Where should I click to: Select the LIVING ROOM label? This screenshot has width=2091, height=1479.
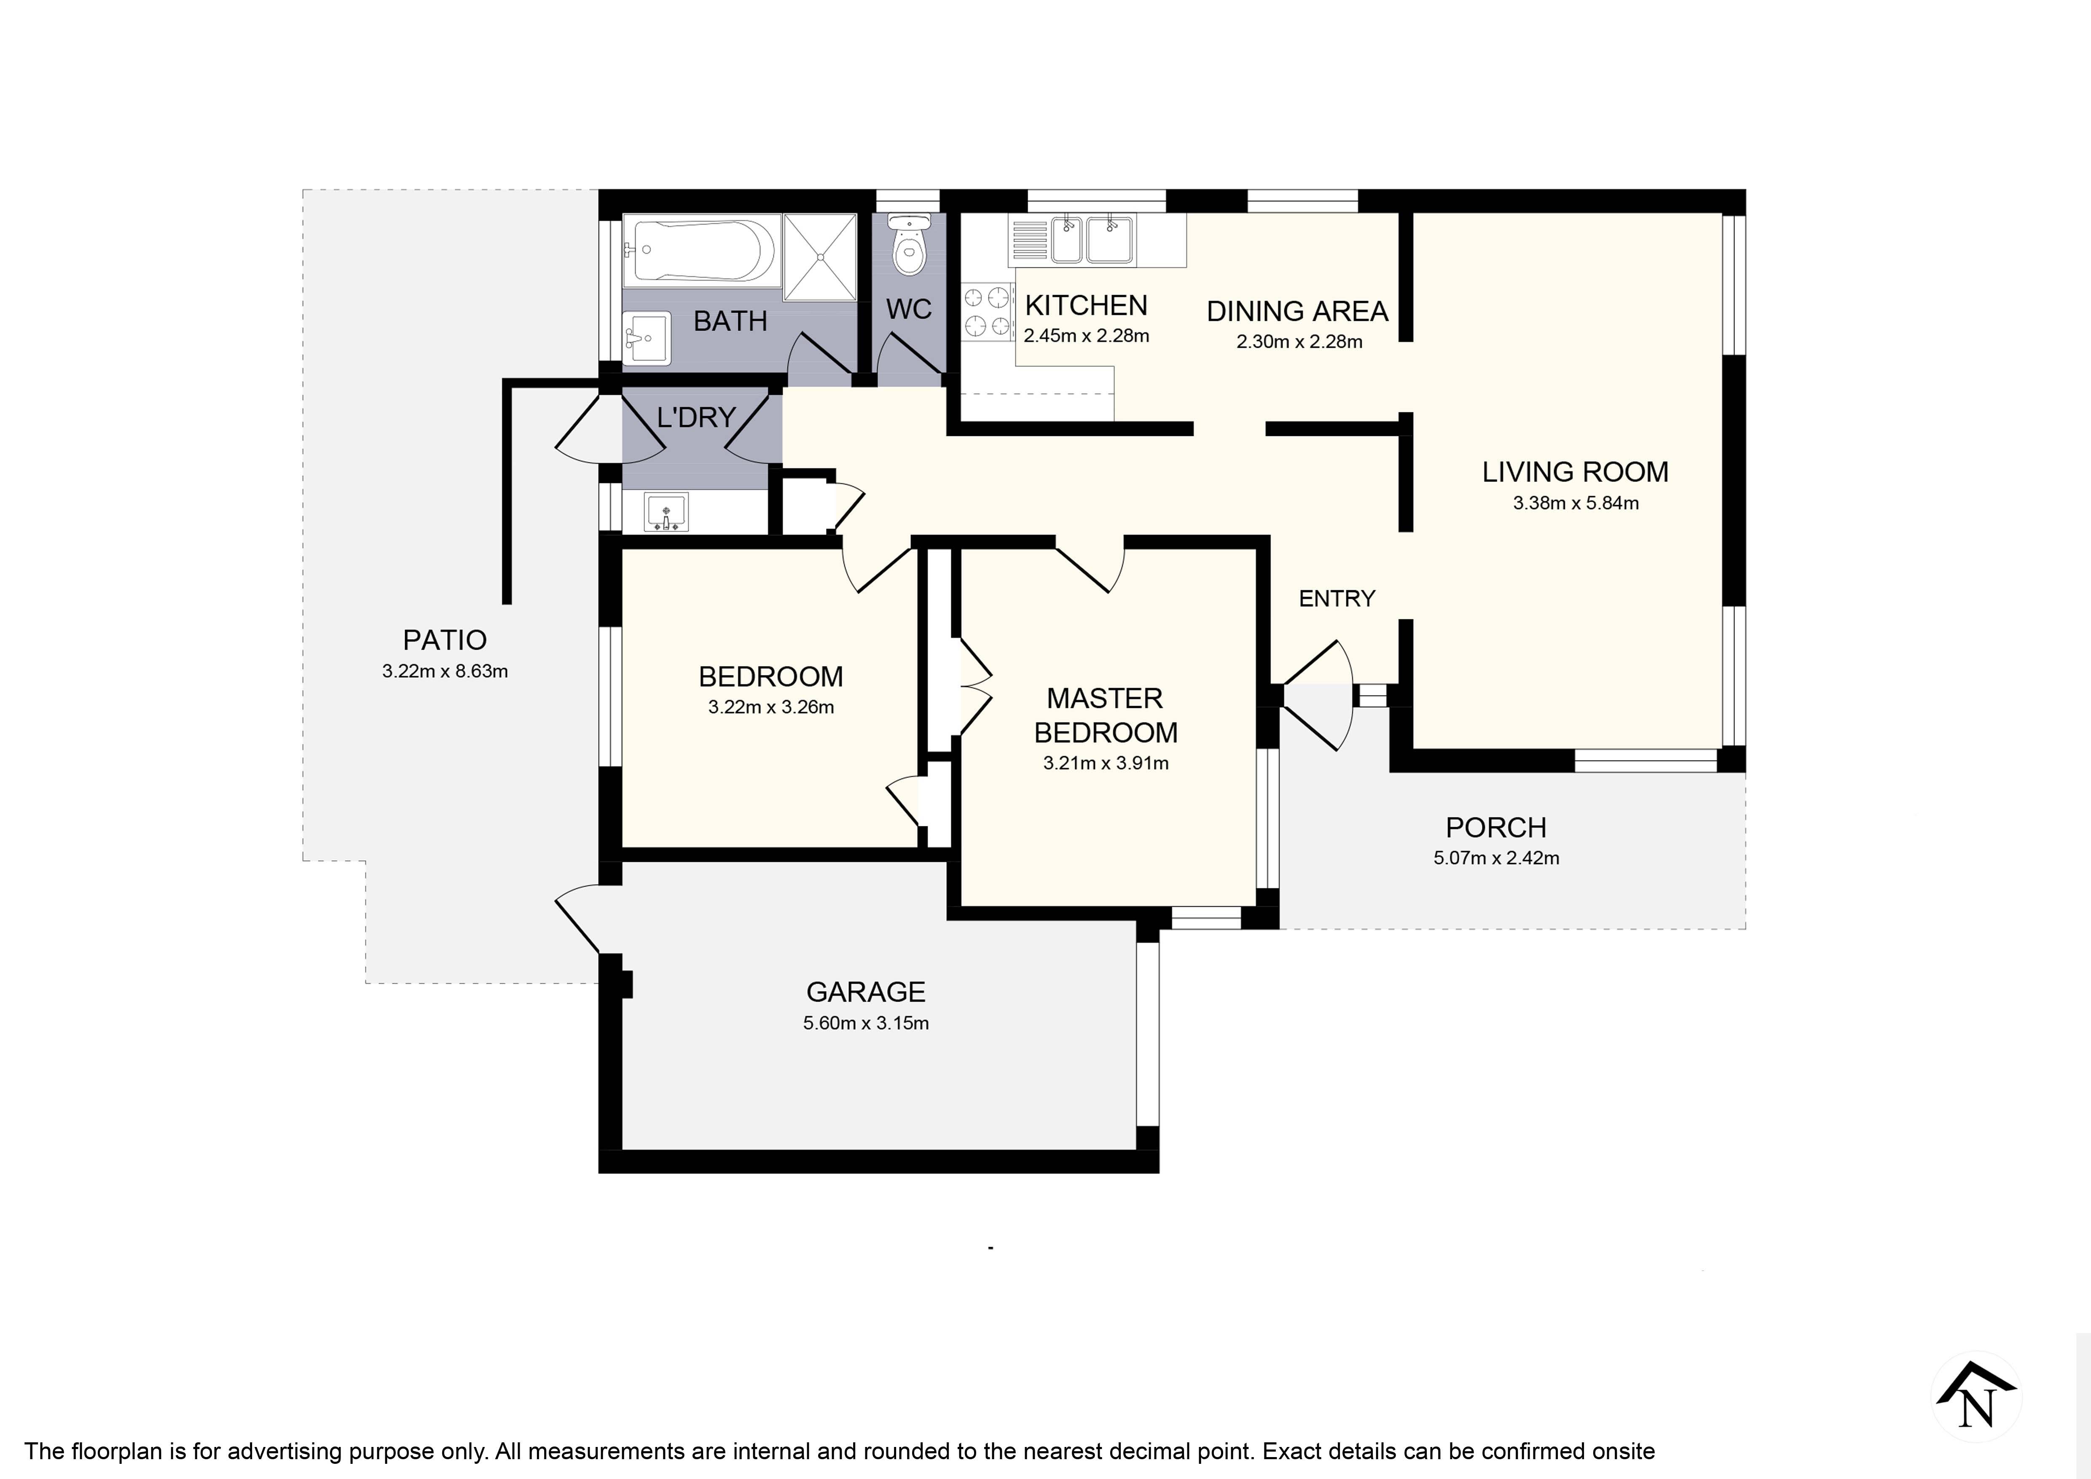(x=1576, y=472)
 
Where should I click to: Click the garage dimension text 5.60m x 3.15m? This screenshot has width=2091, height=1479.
(x=866, y=1023)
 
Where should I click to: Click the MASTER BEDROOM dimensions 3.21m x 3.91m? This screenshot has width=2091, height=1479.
(x=1106, y=763)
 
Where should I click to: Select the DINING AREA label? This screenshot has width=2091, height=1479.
(x=1298, y=312)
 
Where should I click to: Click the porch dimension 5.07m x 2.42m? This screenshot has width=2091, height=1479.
(x=1496, y=858)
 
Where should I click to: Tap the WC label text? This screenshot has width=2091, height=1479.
(x=909, y=309)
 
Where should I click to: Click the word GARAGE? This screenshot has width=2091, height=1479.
(x=866, y=992)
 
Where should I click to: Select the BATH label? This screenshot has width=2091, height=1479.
(x=730, y=322)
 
